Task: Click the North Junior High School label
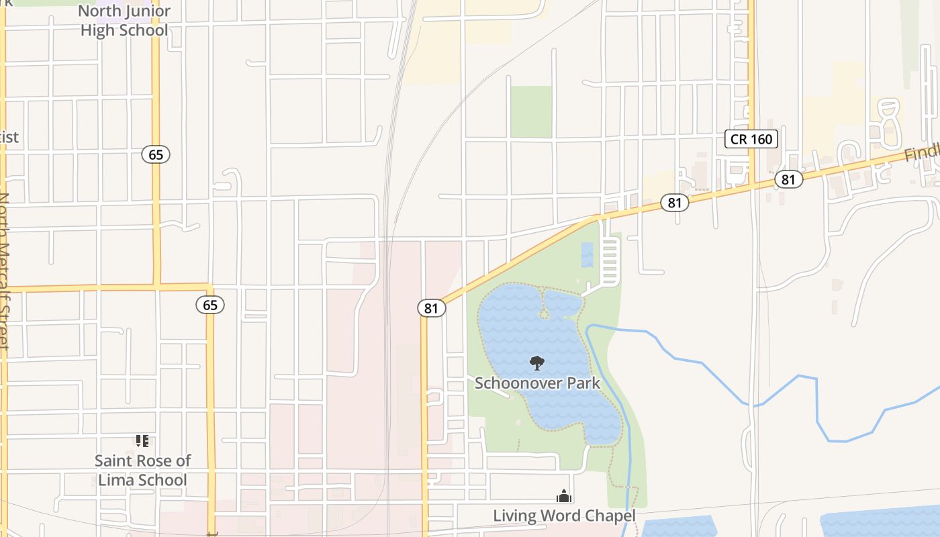click(x=124, y=21)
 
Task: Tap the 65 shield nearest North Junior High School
click(x=156, y=154)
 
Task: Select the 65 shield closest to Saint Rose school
click(x=210, y=305)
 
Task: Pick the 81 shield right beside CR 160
click(x=788, y=179)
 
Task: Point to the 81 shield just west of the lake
click(x=431, y=307)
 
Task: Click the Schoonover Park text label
click(x=537, y=383)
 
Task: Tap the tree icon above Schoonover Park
click(x=536, y=363)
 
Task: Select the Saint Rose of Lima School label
click(x=142, y=470)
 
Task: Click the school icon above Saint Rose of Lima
click(x=142, y=441)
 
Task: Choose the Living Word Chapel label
click(x=564, y=516)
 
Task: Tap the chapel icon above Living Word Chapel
click(x=563, y=496)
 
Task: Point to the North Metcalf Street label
click(x=5, y=268)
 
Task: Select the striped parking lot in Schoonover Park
click(x=611, y=260)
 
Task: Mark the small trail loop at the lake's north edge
click(x=545, y=313)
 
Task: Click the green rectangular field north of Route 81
click(x=531, y=111)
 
